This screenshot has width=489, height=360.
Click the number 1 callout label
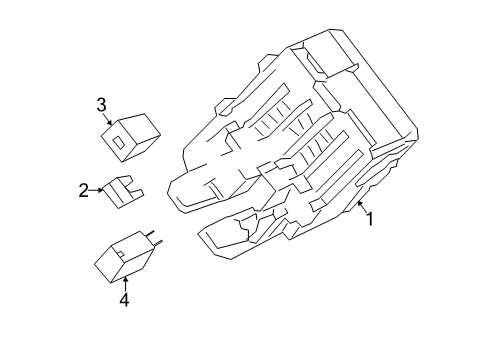click(x=369, y=219)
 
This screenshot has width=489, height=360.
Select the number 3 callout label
click(x=101, y=103)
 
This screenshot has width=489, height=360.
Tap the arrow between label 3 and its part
click(x=105, y=118)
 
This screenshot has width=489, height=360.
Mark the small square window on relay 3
click(x=121, y=140)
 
